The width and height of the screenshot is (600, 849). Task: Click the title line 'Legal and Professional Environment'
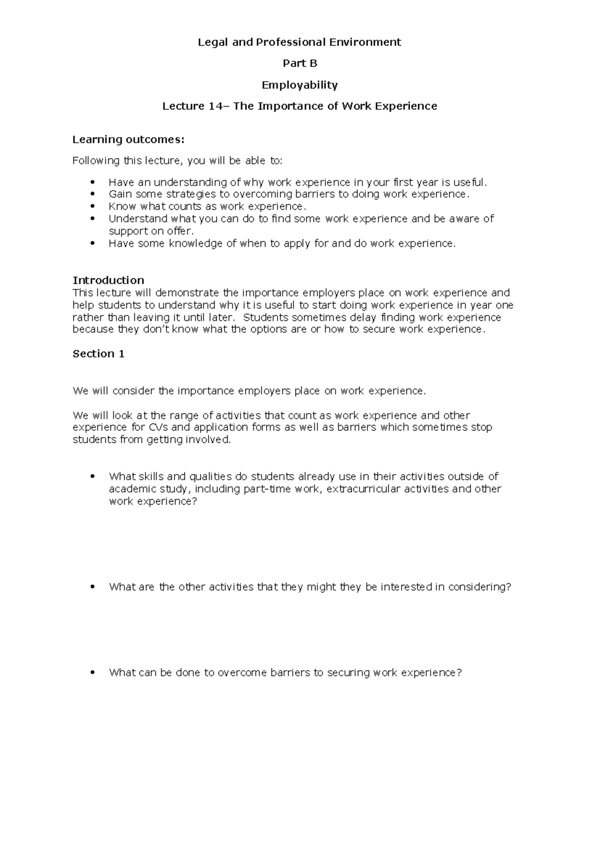[x=299, y=42]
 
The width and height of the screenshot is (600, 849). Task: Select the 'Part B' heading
[x=299, y=64]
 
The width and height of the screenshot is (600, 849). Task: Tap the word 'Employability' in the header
[x=299, y=85]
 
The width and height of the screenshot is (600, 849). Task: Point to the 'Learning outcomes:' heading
[x=128, y=139]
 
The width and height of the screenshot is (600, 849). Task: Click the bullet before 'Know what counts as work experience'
[x=92, y=206]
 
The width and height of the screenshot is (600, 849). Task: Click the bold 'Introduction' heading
[x=108, y=280]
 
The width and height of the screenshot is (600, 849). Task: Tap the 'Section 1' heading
[x=98, y=354]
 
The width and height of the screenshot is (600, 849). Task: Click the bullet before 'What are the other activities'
[x=92, y=587]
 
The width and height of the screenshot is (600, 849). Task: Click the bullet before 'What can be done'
[x=92, y=673]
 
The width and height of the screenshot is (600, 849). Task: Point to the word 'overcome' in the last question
[x=242, y=673]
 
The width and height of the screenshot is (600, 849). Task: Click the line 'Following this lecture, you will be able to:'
[x=177, y=161]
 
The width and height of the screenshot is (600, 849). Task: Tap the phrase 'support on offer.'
[x=151, y=231]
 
